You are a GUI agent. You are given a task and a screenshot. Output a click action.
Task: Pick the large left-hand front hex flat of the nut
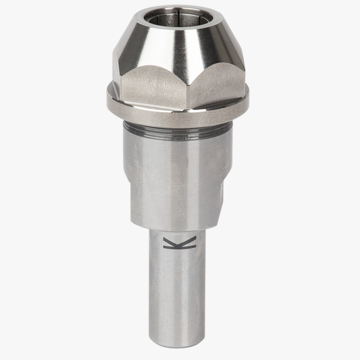[x=154, y=84]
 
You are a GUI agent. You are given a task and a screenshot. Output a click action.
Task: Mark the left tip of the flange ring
[x=107, y=96]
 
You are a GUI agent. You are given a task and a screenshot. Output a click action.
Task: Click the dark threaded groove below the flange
[x=179, y=128]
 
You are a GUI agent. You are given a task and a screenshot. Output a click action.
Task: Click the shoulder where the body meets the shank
[x=179, y=227]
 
